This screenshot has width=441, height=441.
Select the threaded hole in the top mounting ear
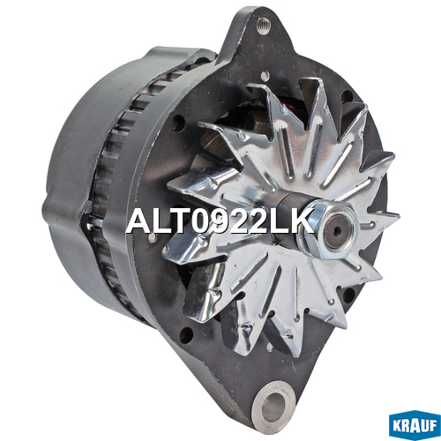click(263, 26)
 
